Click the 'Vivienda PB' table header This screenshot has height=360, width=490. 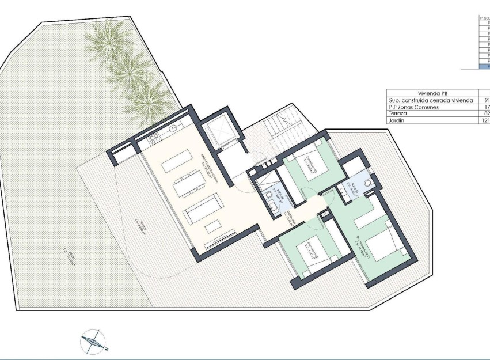[x=432, y=93]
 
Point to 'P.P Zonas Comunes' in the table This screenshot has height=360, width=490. [x=413, y=107]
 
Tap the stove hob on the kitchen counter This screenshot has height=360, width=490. [x=154, y=139]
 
